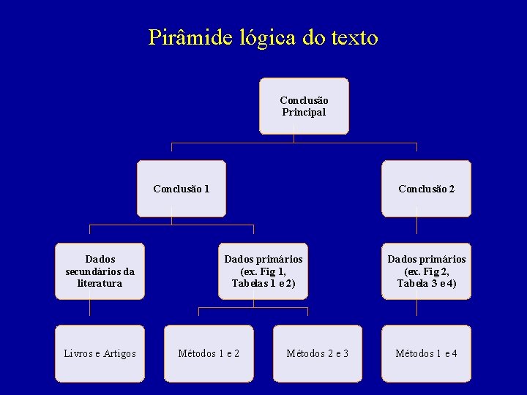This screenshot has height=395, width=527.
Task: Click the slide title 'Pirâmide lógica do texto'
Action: [x=263, y=37]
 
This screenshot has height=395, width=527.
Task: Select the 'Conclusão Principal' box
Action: [x=304, y=106]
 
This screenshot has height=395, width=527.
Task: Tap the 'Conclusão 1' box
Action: [x=182, y=189]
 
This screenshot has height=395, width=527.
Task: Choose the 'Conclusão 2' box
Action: [x=426, y=189]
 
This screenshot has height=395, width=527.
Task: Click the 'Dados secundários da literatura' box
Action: [x=100, y=271]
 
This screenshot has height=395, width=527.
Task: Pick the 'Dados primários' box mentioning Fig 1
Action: [x=263, y=271]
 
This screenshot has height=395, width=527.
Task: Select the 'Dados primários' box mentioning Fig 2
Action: [x=426, y=271]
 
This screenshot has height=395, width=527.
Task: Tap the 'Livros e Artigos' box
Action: [x=100, y=354]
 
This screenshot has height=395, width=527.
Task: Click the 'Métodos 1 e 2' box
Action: [x=209, y=354]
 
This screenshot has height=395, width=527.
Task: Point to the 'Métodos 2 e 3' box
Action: [x=317, y=354]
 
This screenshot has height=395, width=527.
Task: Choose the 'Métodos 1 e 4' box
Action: [x=426, y=354]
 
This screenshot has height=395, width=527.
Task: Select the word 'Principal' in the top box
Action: [x=304, y=113]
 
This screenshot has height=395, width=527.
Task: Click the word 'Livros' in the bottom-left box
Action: [x=79, y=354]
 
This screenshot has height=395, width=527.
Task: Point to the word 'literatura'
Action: [x=100, y=283]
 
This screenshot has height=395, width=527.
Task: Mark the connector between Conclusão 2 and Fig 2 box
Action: [x=417, y=230]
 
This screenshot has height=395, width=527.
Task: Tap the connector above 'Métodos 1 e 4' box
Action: [x=417, y=313]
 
